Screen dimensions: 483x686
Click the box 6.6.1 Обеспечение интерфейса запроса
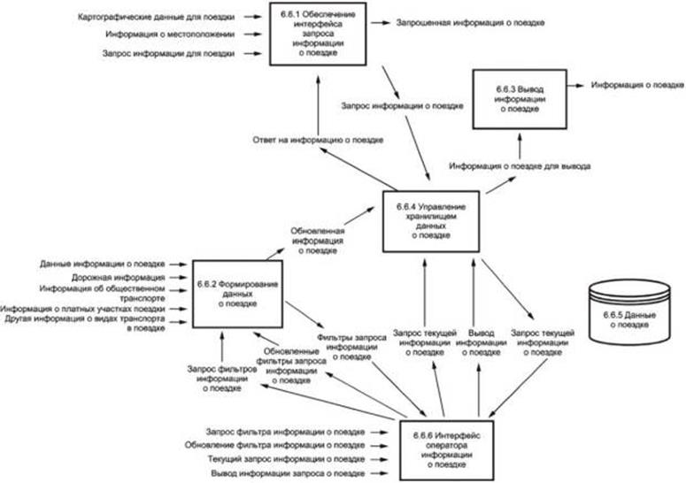[316, 32]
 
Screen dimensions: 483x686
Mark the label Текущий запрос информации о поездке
[285, 459]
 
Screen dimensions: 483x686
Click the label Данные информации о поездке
[102, 264]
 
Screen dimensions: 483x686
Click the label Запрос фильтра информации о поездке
[285, 430]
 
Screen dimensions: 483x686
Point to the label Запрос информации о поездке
[401, 106]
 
